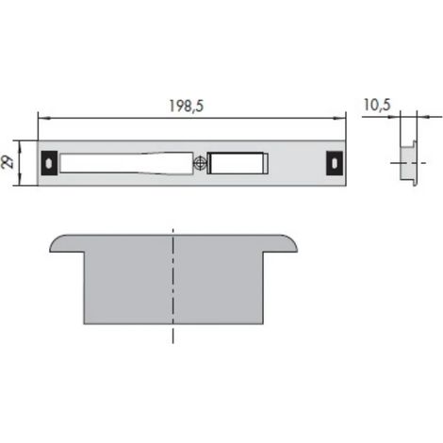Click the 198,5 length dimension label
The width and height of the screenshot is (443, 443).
[187, 106]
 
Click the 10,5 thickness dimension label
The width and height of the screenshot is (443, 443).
[377, 105]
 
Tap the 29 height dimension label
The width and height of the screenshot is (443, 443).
[8, 163]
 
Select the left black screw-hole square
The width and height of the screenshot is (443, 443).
[49, 163]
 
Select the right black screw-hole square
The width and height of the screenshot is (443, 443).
[335, 163]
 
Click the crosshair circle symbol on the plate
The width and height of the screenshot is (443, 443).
[200, 163]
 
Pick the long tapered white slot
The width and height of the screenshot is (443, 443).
[126, 163]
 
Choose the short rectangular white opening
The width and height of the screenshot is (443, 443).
[238, 163]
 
